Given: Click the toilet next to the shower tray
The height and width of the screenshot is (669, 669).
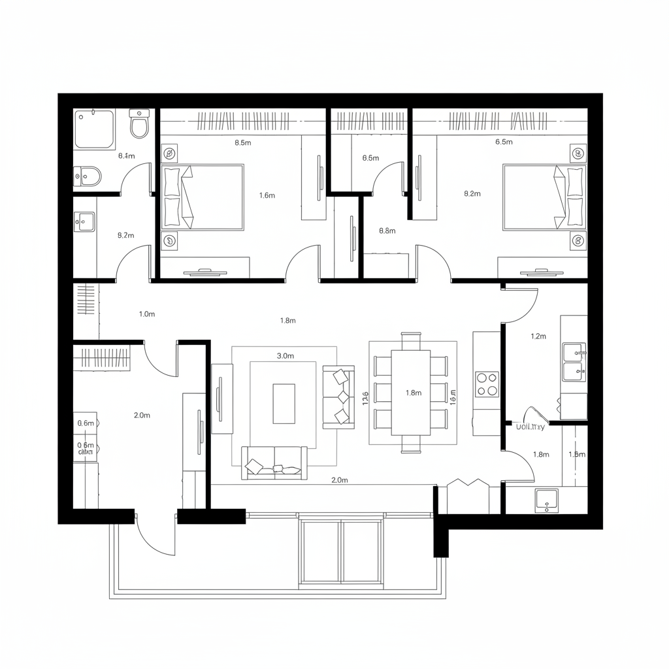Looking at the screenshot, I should pos(140,123).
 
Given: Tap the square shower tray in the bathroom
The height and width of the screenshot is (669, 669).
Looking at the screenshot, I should pos(94,128).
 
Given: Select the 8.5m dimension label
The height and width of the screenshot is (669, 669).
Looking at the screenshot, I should pos(242,143).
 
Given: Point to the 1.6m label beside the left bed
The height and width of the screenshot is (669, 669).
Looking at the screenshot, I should pos(267,195).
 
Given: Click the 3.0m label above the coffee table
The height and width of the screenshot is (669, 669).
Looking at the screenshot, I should pos(286,356).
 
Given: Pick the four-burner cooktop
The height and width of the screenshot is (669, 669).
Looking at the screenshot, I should pos(487,384).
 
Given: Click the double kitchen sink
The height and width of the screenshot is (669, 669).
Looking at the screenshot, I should pos(574,362).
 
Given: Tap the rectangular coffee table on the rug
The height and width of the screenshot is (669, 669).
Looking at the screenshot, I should pos(284,403).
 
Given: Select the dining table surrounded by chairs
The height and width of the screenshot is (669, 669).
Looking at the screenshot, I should pos(410,393).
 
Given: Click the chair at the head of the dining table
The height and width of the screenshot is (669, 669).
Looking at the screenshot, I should pos(411,341).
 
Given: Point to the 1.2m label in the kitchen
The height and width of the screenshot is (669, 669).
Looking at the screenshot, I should pos(538,336).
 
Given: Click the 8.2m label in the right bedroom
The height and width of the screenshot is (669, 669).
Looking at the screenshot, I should pos(472,194).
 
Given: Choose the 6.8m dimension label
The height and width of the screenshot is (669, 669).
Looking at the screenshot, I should pos(387,231).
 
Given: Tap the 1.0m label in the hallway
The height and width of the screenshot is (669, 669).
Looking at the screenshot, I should pos(147,314).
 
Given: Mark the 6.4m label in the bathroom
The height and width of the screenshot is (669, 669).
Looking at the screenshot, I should pos(126,156).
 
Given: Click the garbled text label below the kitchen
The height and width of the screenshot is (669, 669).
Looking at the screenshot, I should pos(530,427).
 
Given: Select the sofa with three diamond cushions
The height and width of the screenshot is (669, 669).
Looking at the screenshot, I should pos(338,397).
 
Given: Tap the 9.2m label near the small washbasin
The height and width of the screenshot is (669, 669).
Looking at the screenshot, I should pos(125,235).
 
